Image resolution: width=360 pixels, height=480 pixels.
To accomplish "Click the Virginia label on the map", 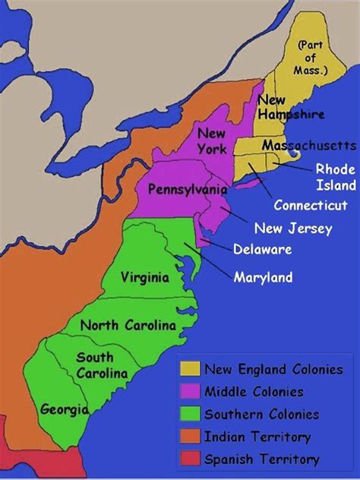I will point(144,278).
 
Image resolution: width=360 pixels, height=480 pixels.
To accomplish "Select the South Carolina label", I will point(95,365).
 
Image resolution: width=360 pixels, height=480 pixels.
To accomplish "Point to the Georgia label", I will point(65,409).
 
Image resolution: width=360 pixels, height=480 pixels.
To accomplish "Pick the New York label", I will point(212,141).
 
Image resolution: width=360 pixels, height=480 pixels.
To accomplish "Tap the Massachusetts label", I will point(308,145).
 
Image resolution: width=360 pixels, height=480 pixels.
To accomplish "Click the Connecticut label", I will point(311,204).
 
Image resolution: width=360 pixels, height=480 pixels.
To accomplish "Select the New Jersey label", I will point(292,228).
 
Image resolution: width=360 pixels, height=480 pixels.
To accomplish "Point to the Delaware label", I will point(263,248).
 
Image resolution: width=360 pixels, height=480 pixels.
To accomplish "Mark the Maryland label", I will point(263,277).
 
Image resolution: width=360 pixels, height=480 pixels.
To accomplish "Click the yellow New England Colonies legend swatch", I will point(190,368).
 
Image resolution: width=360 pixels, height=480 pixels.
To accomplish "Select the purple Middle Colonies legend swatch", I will point(190,391).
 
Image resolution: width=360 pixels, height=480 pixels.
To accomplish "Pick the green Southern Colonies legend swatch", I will point(190,414).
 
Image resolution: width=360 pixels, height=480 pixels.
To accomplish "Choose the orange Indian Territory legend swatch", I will point(190,436).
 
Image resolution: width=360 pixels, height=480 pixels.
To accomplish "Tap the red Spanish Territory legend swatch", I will point(190,459).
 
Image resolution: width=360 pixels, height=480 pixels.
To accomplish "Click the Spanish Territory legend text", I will point(261,459).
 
